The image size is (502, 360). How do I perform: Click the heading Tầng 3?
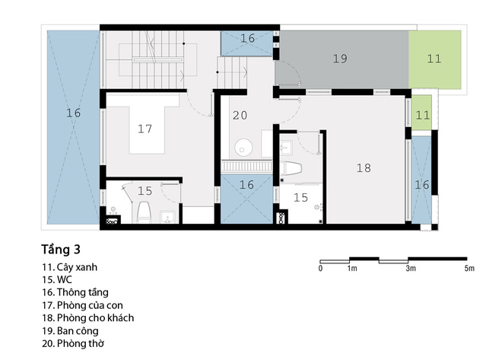61,250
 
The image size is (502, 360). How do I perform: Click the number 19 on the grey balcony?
340,59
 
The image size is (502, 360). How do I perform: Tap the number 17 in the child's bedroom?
145,129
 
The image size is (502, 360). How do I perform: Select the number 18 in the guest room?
364,168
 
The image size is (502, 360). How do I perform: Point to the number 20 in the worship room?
240,115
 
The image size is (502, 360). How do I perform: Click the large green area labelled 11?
435,59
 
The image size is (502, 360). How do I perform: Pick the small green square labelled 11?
421,113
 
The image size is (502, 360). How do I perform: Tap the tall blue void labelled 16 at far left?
73,127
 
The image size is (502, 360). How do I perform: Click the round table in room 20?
243,148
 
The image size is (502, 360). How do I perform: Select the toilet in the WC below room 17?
144,212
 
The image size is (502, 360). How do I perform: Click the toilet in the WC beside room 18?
291,168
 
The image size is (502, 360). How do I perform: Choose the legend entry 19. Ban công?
70,331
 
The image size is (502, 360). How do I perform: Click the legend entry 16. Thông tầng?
75,292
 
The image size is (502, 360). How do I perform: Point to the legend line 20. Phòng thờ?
73,344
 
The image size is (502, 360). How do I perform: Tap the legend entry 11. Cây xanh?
69,267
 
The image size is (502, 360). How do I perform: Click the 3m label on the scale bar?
411,269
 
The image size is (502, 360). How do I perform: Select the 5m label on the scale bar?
469,269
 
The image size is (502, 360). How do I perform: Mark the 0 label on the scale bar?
320,269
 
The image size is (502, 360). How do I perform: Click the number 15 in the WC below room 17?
145,191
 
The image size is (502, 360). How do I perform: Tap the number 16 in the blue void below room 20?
246,185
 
